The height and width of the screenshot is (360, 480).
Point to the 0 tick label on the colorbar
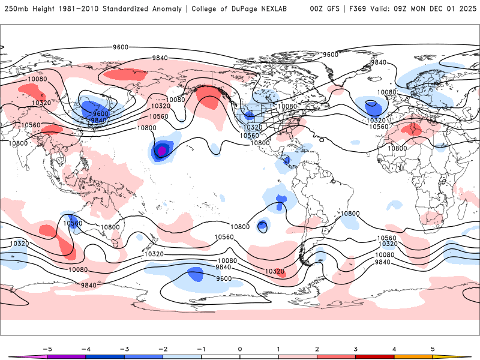point(240,348)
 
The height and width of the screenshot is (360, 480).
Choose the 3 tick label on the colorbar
point(356,348)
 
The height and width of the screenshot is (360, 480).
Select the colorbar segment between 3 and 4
point(375,356)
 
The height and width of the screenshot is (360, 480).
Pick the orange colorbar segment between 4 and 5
point(413,356)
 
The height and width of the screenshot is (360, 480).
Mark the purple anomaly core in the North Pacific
point(161,151)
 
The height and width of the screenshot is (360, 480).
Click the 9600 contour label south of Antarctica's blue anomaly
point(224,278)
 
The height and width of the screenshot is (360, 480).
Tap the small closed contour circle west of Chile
point(263,226)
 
